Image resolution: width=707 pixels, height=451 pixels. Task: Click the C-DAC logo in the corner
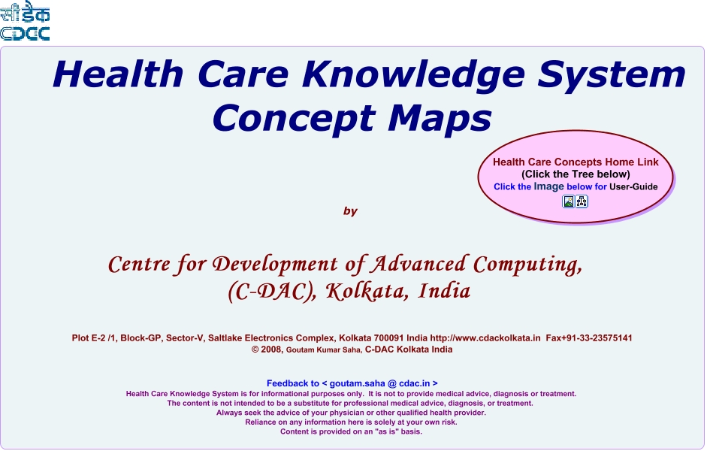pos(25,21)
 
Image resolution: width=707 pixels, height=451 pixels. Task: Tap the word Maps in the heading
pos(440,118)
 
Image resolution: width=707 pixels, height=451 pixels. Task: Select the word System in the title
pos(612,75)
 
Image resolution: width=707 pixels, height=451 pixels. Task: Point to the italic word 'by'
pos(350,211)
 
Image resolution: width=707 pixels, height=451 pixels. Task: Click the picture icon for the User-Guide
pos(569,201)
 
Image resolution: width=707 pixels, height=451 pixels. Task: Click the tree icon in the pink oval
pos(582,201)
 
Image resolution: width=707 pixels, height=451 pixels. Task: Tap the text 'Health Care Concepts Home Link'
pos(576,162)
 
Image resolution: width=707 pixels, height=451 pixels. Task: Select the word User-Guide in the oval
pos(633,186)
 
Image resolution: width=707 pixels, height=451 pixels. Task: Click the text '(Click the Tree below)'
pos(576,174)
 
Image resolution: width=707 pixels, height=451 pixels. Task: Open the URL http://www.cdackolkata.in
pos(485,337)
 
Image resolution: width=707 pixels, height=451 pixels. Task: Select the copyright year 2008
pos(272,350)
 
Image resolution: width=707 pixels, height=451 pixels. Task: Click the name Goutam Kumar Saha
pos(324,350)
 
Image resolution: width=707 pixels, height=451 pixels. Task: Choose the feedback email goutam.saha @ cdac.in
pos(379,383)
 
